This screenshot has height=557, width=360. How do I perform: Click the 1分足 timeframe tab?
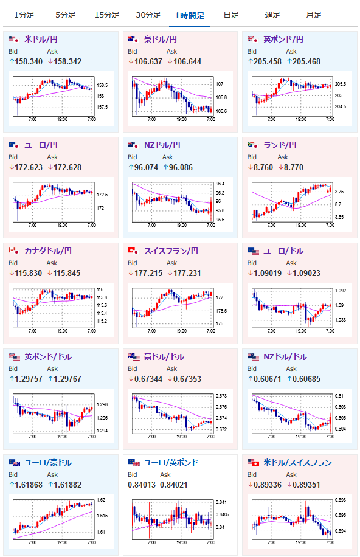(24, 15)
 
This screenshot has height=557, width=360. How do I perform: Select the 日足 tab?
(231, 15)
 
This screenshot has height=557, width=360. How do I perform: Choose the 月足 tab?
(313, 15)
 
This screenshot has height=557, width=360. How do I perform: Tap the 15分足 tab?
(107, 15)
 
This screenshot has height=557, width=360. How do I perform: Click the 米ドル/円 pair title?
(41, 39)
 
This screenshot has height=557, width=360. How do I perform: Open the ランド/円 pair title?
(280, 145)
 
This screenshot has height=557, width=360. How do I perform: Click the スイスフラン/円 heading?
(171, 251)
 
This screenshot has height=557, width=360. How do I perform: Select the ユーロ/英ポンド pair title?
(171, 463)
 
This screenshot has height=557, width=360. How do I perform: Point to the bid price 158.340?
(29, 61)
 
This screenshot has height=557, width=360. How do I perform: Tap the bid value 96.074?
(146, 167)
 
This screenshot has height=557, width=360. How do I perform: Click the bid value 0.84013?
(142, 485)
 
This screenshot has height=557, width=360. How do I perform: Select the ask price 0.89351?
(306, 485)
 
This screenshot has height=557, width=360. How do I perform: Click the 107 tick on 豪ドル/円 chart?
(220, 84)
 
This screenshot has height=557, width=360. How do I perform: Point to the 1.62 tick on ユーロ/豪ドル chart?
(101, 500)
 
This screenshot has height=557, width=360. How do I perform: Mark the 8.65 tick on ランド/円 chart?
(339, 217)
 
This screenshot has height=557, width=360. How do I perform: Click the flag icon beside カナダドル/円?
(13, 251)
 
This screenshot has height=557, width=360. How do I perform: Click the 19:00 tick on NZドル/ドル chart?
(301, 437)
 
